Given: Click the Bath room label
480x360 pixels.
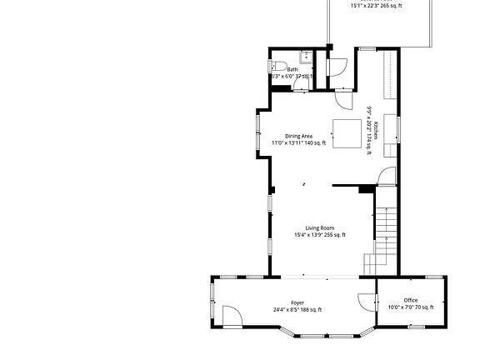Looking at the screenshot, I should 292,70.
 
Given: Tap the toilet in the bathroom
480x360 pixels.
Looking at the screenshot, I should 281,67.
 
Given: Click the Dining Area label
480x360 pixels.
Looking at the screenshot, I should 297,136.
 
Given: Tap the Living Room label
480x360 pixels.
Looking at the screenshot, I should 319,227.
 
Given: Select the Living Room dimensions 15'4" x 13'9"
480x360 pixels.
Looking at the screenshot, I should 319,235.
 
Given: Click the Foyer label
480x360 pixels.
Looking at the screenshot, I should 297,302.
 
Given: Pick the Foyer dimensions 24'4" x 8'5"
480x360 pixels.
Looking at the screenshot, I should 297,310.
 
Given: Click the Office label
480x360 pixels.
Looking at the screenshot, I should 411,300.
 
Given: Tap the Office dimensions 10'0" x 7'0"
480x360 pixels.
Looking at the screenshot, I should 411,307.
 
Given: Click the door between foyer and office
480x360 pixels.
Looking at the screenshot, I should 367,302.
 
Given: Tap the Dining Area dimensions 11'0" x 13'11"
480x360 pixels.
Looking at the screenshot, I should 297,143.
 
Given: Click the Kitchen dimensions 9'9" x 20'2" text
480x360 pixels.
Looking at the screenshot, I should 368,130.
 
